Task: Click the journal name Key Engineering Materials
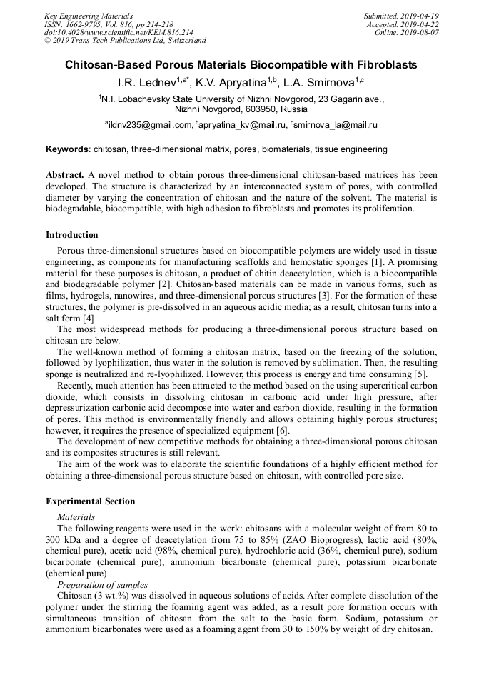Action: (88, 16)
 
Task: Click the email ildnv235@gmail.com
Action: (150, 125)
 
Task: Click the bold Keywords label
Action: (67, 150)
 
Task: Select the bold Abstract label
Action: (66, 175)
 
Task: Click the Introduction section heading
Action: (72, 235)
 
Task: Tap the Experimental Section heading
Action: (90, 501)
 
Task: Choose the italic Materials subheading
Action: (76, 516)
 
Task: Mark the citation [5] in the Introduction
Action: (420, 374)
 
